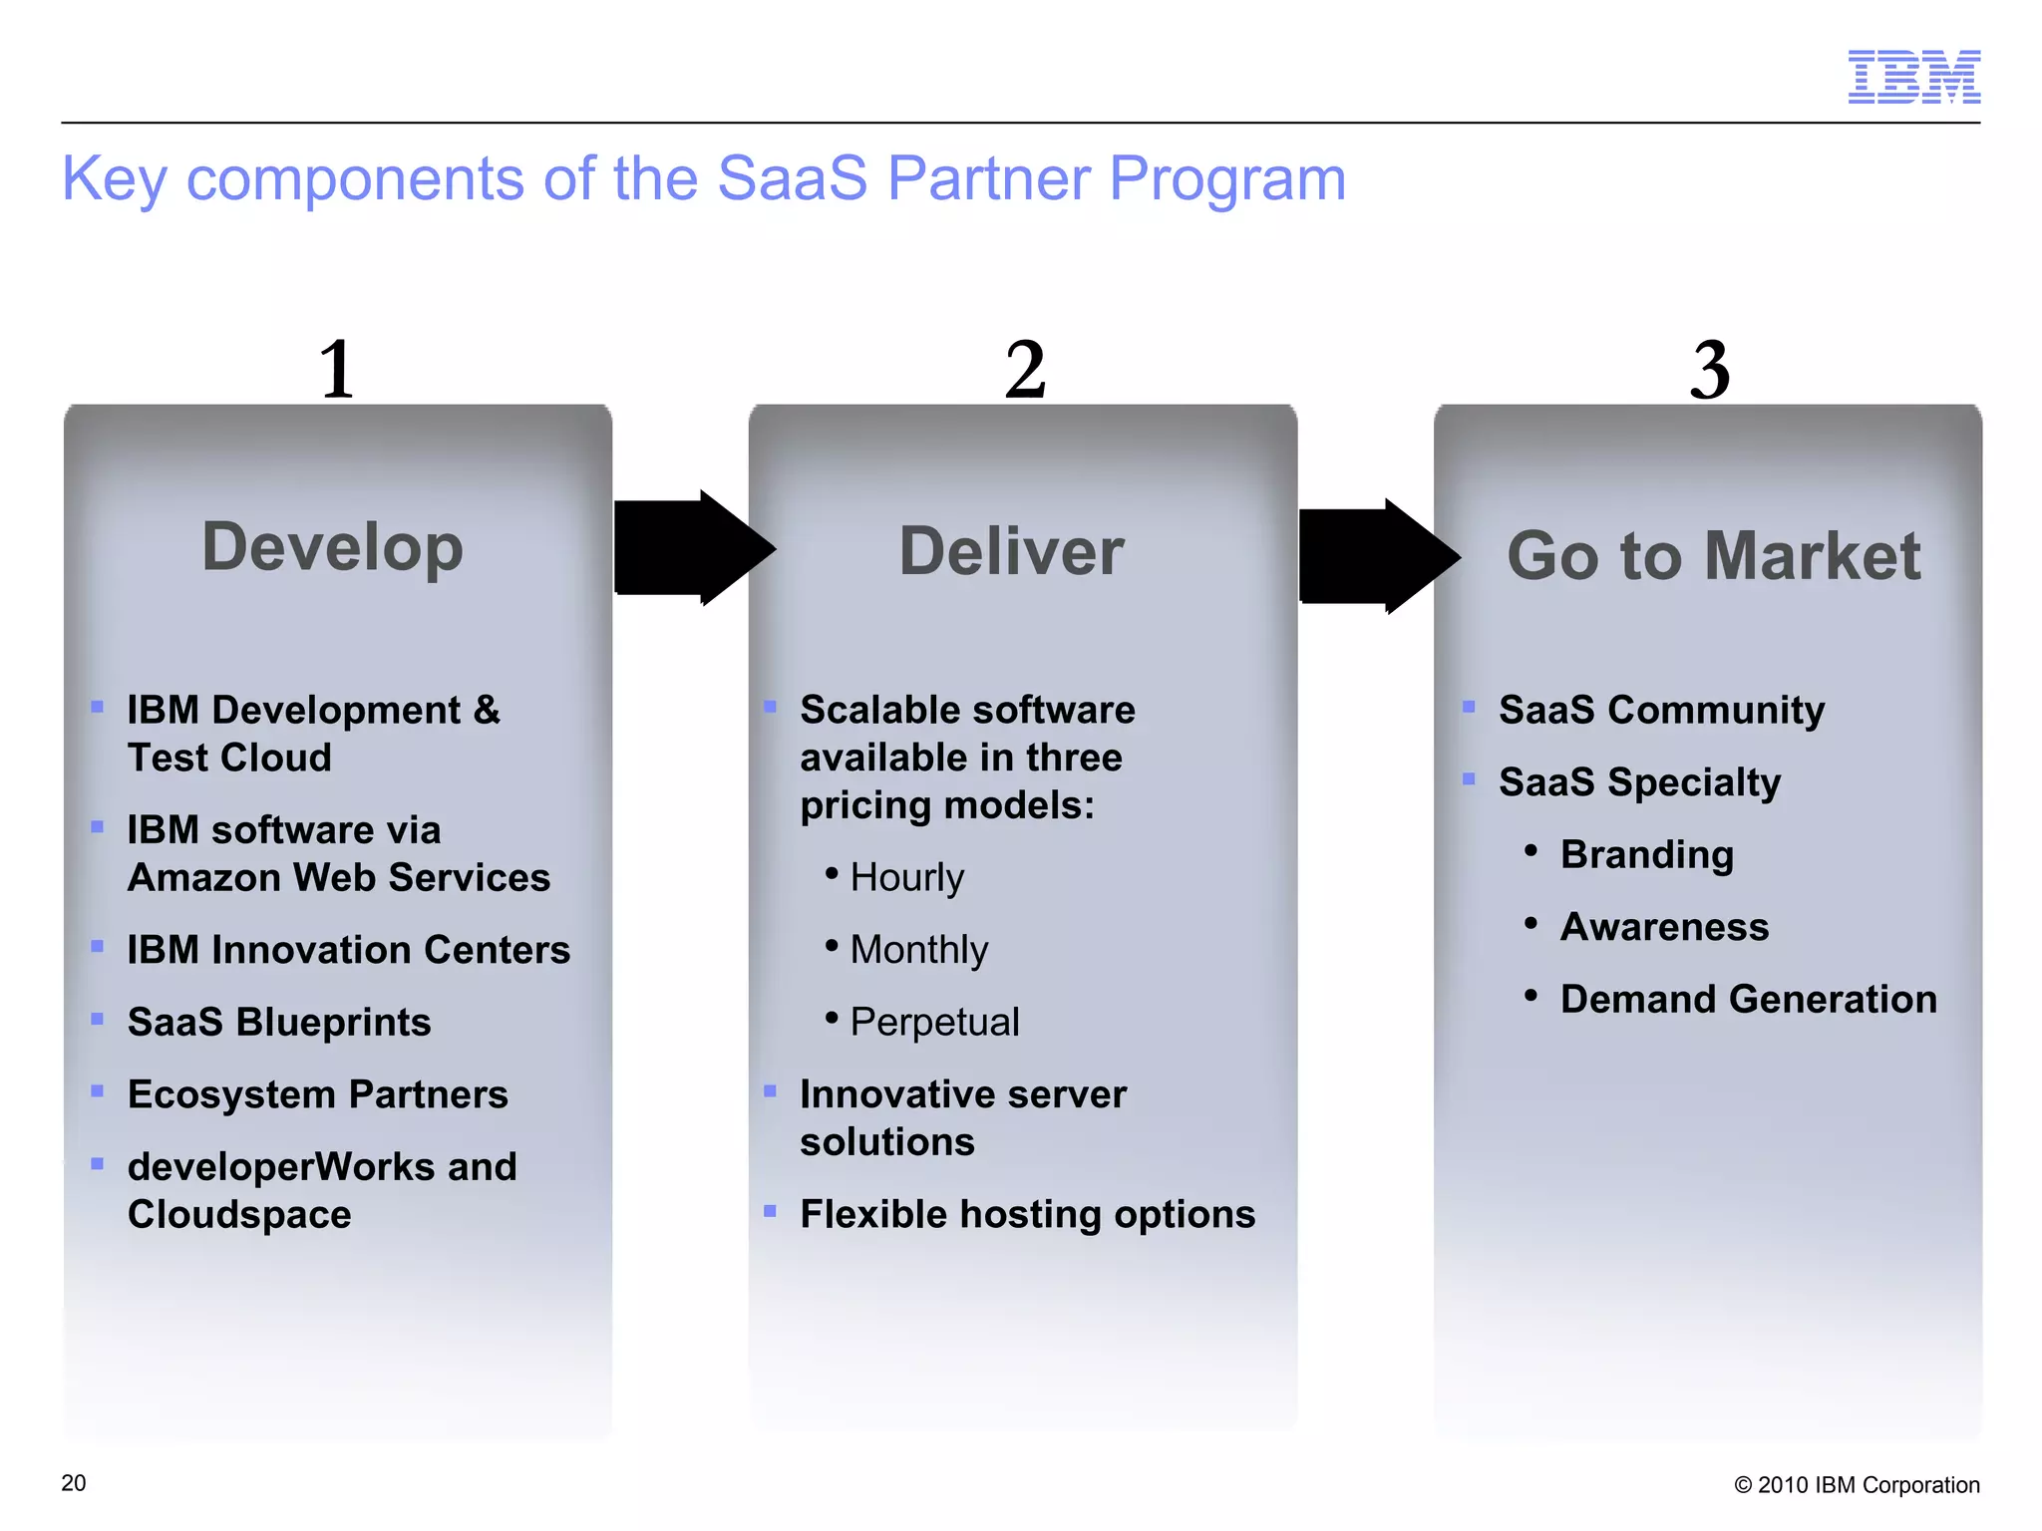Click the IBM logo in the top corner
click(x=1913, y=77)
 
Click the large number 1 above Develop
click(x=337, y=369)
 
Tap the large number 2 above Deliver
click(x=1025, y=369)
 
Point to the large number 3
click(x=1709, y=369)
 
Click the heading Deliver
click(x=1011, y=551)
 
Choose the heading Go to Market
click(x=1713, y=555)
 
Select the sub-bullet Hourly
click(x=906, y=877)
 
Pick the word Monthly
click(x=918, y=949)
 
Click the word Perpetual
click(x=934, y=1022)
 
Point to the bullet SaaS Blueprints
click(x=279, y=1022)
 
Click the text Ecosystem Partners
click(x=317, y=1094)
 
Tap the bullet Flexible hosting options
click(x=1027, y=1214)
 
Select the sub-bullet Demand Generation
click(x=1748, y=999)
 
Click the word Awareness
click(x=1664, y=927)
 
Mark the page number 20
click(x=74, y=1483)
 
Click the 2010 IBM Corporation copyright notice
click(x=1857, y=1485)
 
